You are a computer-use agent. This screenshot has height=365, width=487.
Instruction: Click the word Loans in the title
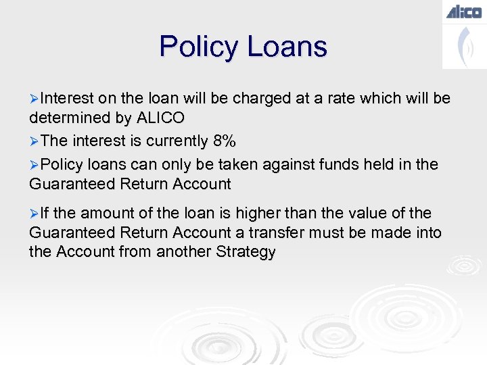click(287, 47)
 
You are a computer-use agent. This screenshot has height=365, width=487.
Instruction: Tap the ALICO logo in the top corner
click(463, 11)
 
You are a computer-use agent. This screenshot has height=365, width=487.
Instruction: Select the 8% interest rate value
click(224, 141)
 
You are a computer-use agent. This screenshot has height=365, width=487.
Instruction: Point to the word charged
click(261, 98)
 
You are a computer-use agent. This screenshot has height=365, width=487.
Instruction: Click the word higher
click(268, 213)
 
